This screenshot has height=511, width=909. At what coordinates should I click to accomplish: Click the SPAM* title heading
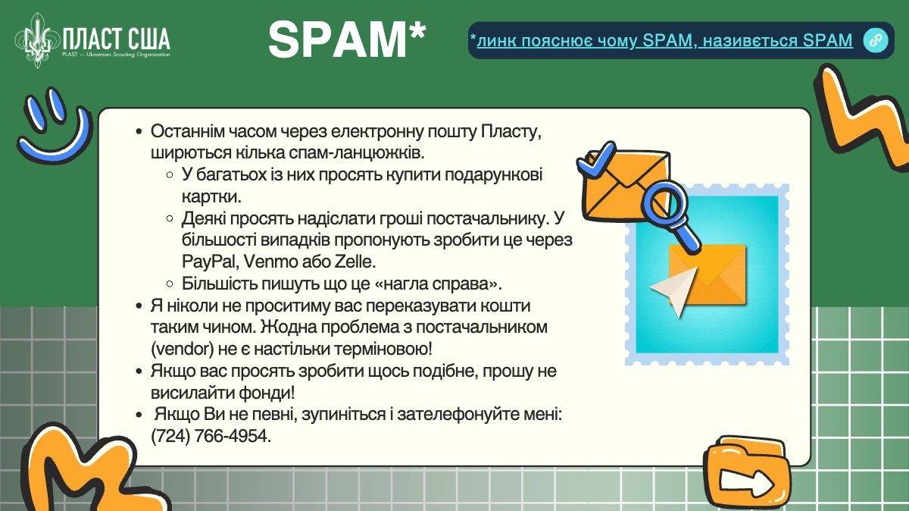tap(347, 39)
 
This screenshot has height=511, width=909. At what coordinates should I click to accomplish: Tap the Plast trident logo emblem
tap(37, 40)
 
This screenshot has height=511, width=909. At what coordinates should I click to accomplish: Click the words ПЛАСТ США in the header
tap(117, 39)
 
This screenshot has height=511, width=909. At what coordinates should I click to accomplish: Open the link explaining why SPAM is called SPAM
tap(664, 40)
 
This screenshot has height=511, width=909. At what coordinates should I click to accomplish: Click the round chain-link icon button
tap(876, 40)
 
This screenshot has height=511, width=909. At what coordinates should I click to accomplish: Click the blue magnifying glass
tap(670, 215)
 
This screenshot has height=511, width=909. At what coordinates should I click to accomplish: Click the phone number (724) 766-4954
tap(211, 436)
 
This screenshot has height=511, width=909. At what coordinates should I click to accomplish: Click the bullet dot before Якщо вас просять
tap(139, 371)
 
